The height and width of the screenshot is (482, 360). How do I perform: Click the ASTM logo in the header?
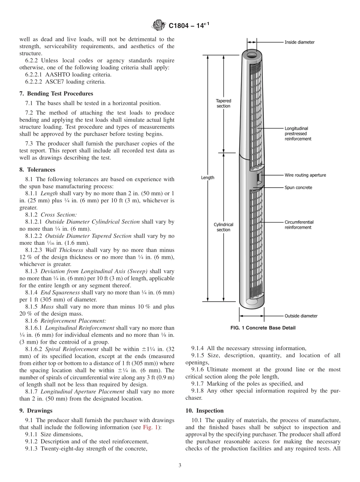[x=159, y=25]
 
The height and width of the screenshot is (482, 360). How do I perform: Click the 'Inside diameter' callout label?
[x=299, y=42]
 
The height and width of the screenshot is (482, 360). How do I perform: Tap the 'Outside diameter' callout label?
[x=301, y=316]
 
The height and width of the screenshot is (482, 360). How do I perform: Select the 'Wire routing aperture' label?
[x=305, y=175]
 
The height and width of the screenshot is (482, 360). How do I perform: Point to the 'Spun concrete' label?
[x=298, y=188]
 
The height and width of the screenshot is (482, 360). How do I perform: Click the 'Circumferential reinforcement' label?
[x=299, y=225]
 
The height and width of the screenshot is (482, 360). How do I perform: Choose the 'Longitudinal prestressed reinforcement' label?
[x=298, y=134]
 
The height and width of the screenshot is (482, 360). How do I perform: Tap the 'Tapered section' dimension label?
[x=223, y=103]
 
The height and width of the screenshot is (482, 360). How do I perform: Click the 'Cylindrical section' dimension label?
[x=223, y=227]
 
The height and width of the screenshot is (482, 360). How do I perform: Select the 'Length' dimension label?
[x=207, y=177]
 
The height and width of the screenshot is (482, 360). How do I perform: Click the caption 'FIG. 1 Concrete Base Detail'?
[x=263, y=328]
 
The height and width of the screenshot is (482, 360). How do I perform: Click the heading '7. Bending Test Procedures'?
[x=56, y=94]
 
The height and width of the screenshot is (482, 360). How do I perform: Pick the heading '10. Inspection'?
[x=204, y=411]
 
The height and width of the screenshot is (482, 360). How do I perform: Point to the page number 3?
[x=180, y=465]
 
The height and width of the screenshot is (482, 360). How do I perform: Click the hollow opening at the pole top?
[x=252, y=55]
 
